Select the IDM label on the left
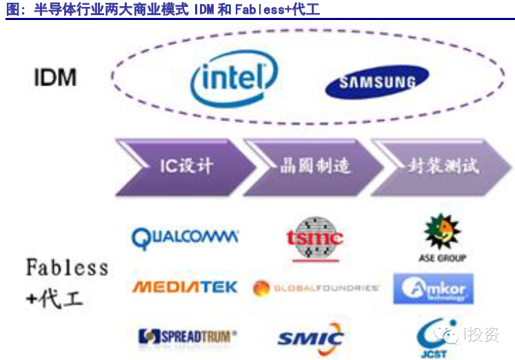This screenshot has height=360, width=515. pos(55,77)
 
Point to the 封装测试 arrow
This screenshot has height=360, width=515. pos(441,166)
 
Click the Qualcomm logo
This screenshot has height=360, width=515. pos(185,237)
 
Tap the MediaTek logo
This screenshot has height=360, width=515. pos(185,286)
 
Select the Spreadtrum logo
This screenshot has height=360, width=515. pos(187,337)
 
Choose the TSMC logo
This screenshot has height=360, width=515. pos(314,238)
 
